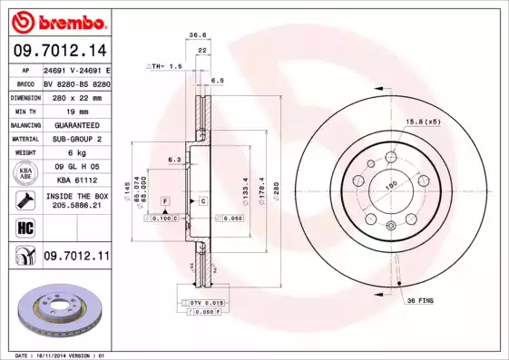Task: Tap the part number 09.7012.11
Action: [x=76, y=258]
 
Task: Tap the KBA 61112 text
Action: [x=76, y=181]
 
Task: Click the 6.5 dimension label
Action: [x=218, y=81]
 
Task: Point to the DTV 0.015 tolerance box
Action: [x=205, y=302]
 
